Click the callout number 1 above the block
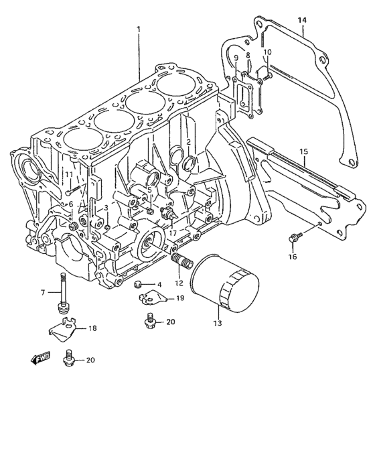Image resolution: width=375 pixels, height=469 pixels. click(138, 29)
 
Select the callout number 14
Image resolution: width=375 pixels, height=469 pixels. click(302, 20)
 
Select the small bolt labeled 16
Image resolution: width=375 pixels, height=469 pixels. click(293, 237)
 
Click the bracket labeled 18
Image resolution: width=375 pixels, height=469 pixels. click(62, 329)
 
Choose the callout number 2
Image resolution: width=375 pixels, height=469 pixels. click(189, 142)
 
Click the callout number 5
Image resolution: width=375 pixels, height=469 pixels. click(149, 190)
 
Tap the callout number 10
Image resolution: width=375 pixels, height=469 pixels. click(267, 52)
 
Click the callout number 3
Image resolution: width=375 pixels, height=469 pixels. click(106, 208)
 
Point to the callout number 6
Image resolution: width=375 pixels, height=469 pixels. click(71, 204)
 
